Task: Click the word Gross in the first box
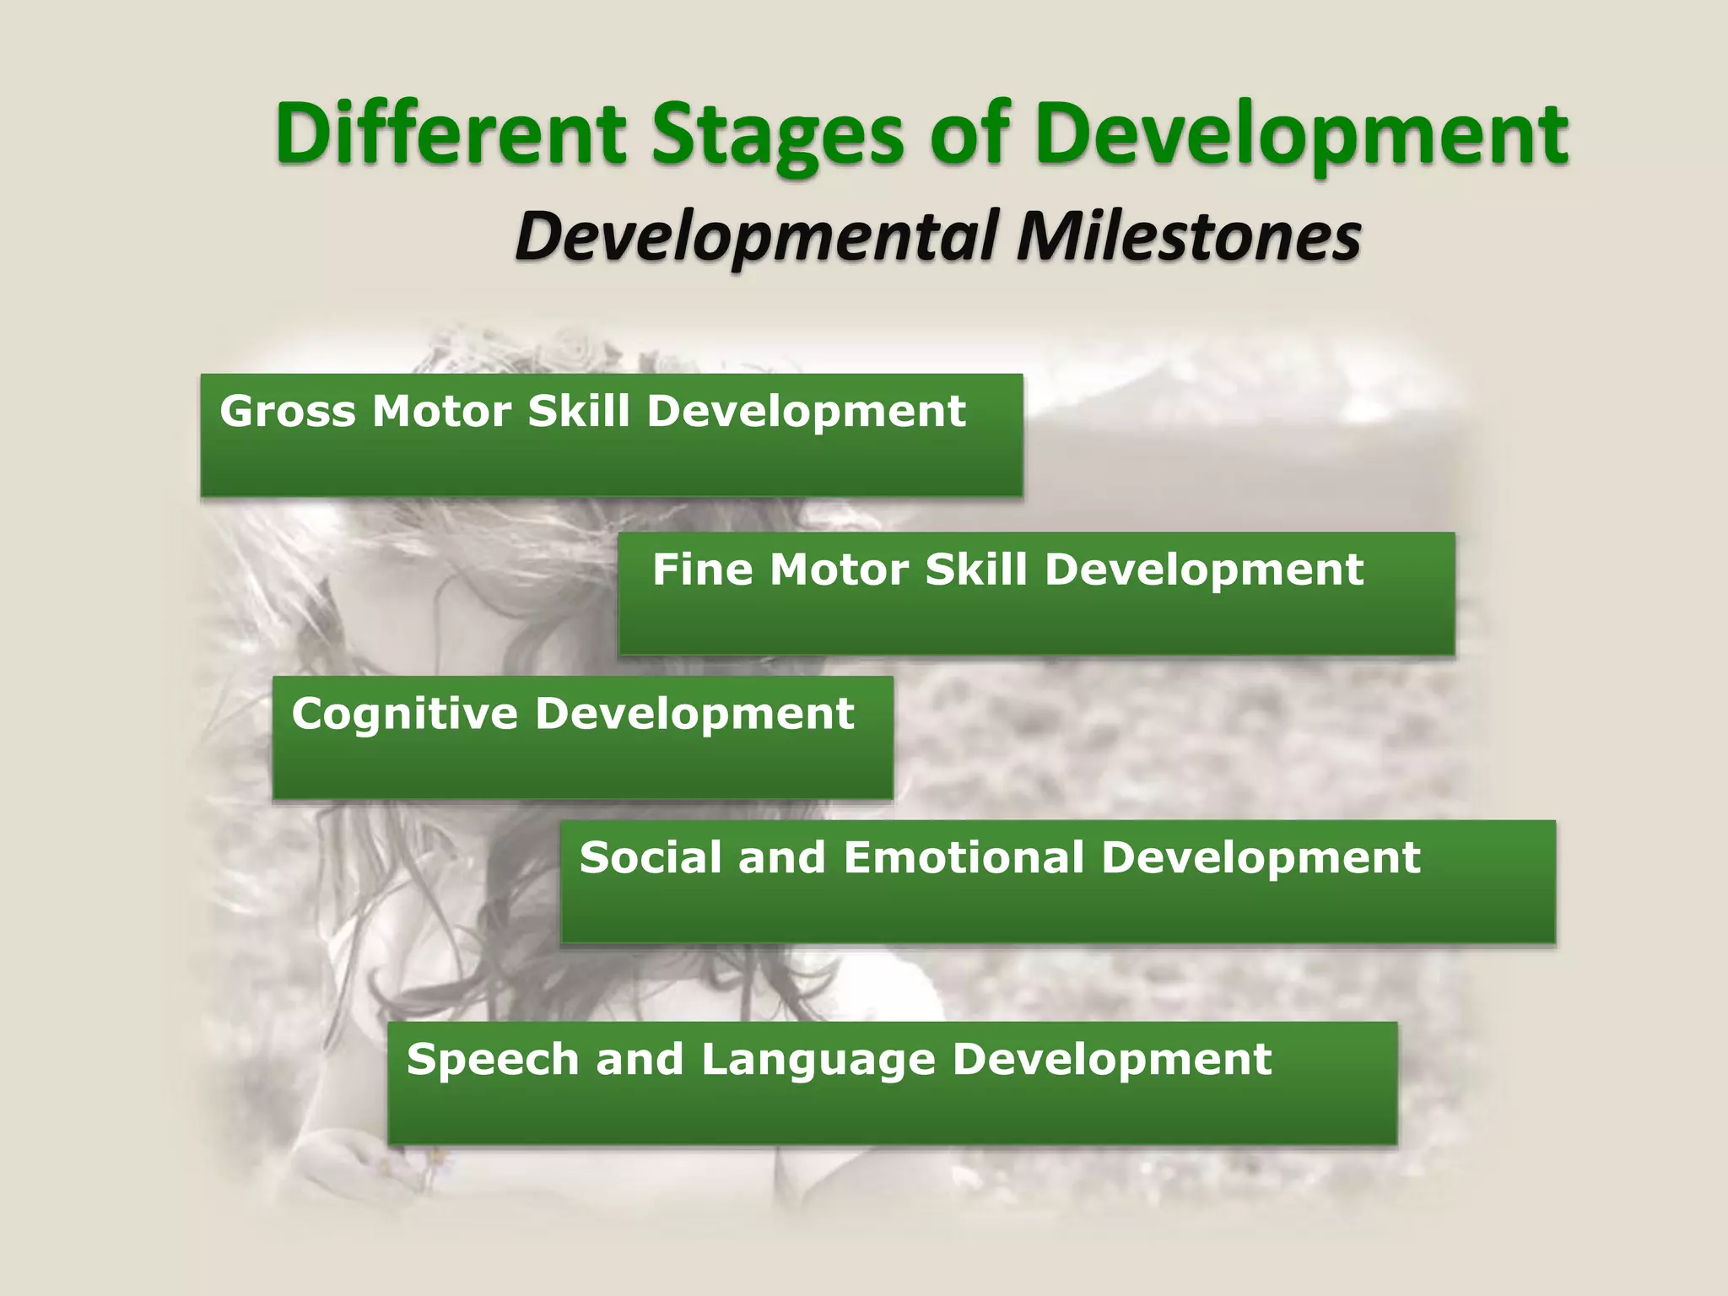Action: [287, 412]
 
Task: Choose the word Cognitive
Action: [404, 714]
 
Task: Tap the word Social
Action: [651, 857]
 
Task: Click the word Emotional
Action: [963, 857]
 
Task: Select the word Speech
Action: [493, 1060]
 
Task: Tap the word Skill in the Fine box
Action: [976, 570]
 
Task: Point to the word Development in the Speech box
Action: [1111, 1060]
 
